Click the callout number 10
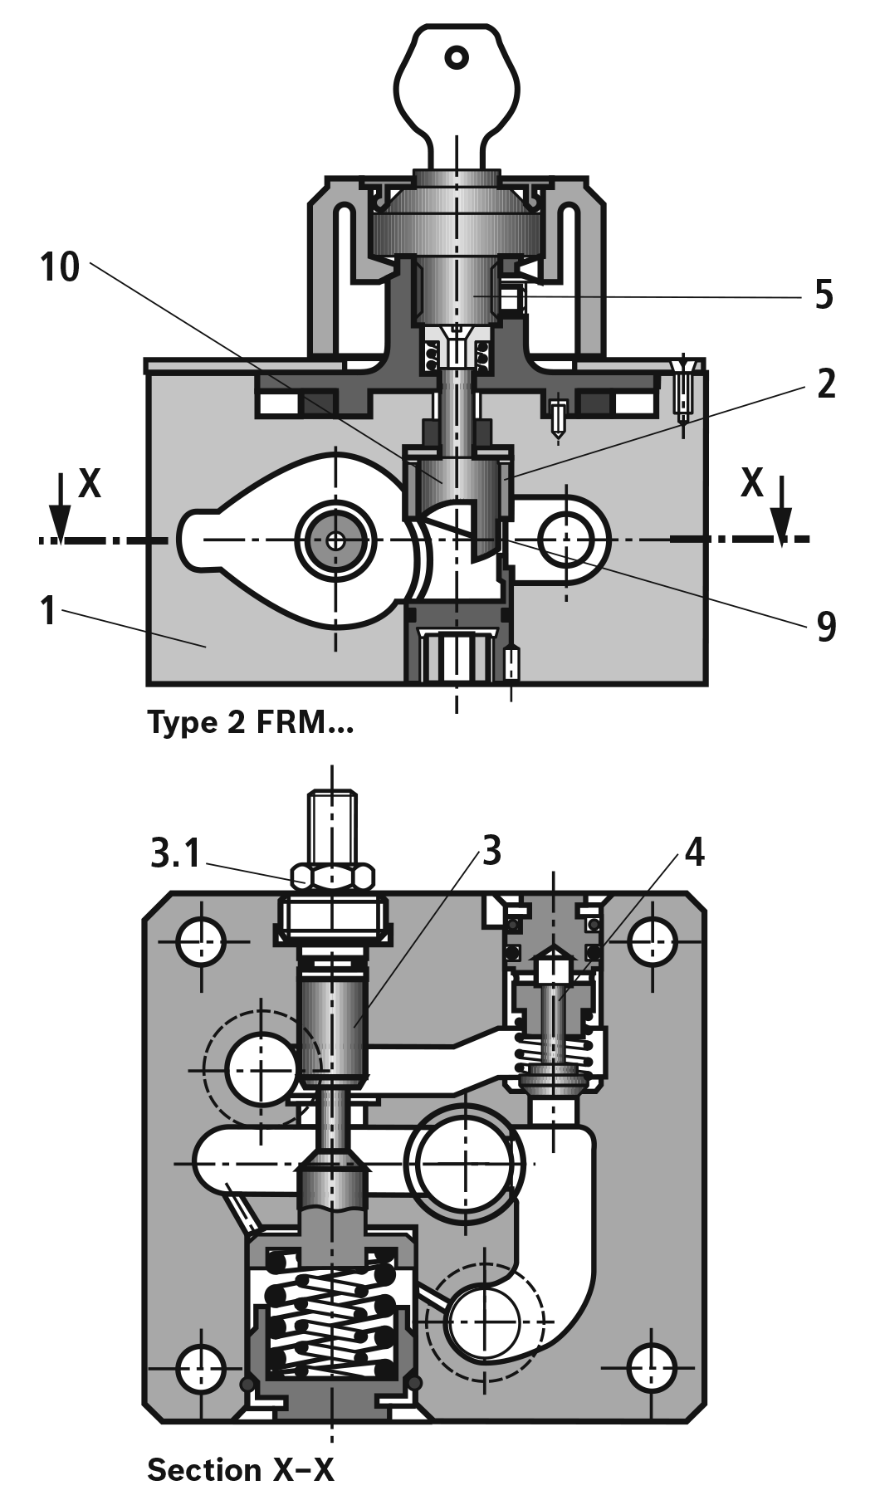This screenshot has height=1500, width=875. click(x=60, y=267)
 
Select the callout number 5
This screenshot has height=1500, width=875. click(x=824, y=294)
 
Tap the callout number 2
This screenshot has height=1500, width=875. click(x=825, y=384)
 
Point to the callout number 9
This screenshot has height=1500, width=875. click(x=825, y=627)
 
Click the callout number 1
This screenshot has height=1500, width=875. click(x=49, y=610)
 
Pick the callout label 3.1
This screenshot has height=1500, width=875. click(x=176, y=853)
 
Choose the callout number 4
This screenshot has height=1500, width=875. click(x=694, y=851)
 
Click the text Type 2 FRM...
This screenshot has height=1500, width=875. click(x=250, y=722)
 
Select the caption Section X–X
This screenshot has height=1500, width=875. click(x=240, y=1469)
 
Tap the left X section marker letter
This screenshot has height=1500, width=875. click(x=90, y=483)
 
